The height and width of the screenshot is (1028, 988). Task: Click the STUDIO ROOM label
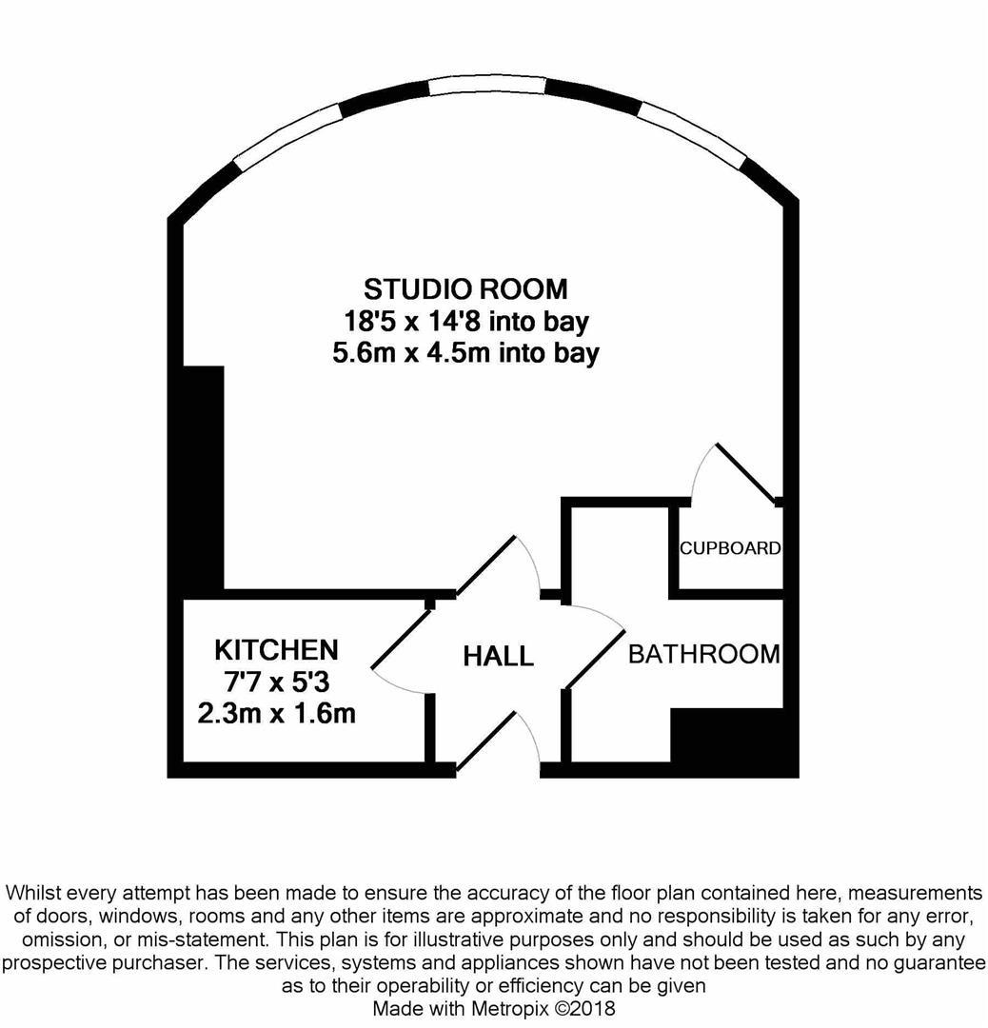(x=465, y=289)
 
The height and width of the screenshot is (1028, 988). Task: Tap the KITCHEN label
(x=277, y=650)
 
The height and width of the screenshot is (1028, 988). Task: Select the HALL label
(x=498, y=656)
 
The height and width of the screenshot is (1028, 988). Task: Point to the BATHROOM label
(x=704, y=654)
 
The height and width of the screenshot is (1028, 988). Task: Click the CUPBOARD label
(x=730, y=548)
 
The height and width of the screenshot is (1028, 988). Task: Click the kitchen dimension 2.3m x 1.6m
(x=277, y=713)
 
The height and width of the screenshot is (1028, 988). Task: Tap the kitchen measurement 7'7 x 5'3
(x=277, y=682)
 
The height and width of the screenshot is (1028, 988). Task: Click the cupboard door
(x=747, y=473)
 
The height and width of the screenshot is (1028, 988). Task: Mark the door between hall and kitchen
(x=402, y=640)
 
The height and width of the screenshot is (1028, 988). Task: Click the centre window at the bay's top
(x=487, y=86)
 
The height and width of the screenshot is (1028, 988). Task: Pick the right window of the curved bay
(x=695, y=134)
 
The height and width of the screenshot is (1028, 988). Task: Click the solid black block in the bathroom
(x=734, y=742)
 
